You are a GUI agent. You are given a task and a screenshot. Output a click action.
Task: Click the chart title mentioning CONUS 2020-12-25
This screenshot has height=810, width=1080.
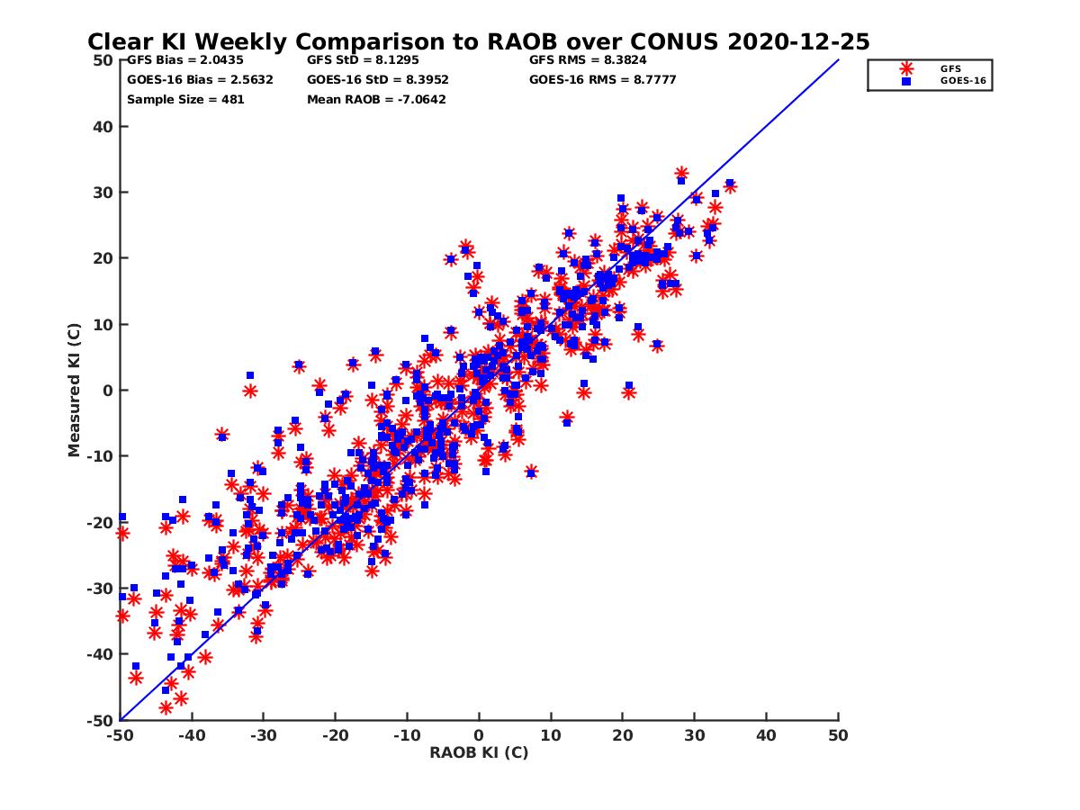[x=479, y=42]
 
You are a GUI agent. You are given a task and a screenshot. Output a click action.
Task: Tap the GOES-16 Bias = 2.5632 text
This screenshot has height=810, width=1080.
[x=200, y=79]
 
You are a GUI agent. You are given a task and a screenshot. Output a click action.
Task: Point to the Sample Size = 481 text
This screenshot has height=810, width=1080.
[x=185, y=99]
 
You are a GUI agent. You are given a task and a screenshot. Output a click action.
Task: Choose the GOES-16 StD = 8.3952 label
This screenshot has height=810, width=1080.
[x=378, y=79]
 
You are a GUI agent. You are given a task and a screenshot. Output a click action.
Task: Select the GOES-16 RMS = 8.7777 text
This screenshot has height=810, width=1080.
[x=603, y=79]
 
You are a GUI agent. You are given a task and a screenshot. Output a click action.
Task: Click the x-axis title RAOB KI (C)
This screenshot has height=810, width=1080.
[x=479, y=752]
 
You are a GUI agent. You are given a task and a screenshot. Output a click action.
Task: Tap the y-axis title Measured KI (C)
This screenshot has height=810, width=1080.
[x=75, y=391]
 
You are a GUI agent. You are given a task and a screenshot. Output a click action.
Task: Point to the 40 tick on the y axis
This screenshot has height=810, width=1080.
[x=103, y=127]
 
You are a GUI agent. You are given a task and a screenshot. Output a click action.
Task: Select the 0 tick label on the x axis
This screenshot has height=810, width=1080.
[x=479, y=734]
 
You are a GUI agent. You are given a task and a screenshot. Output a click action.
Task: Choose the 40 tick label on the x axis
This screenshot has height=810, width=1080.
[x=767, y=734]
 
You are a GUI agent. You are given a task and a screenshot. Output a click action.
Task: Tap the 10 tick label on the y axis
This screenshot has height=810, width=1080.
[x=103, y=325]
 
